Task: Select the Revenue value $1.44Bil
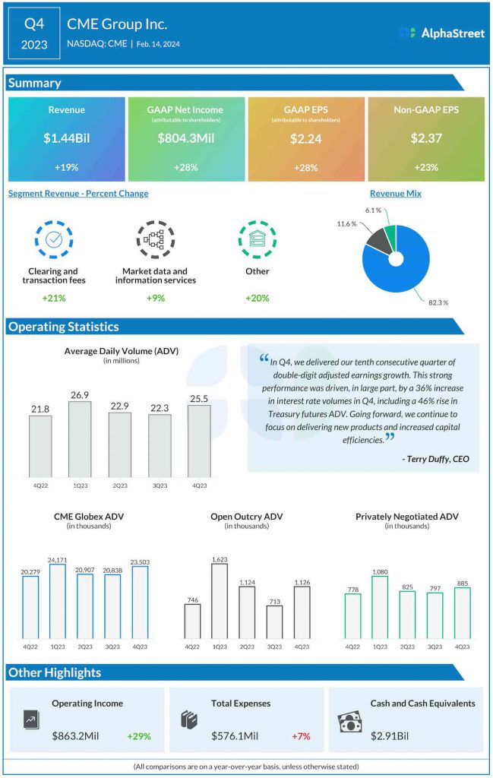(66, 138)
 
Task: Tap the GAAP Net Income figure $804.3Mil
(186, 138)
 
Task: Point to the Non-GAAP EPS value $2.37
(425, 138)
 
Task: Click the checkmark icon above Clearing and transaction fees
(54, 239)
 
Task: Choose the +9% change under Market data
(155, 298)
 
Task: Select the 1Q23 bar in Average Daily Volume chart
(79, 438)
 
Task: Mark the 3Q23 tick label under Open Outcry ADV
(274, 647)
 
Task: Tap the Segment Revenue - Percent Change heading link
(78, 194)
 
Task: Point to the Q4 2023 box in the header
(34, 33)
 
